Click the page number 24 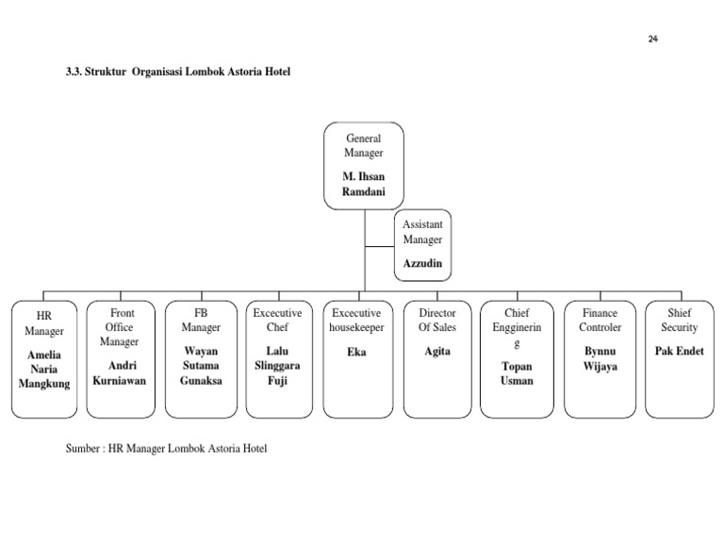[x=653, y=39]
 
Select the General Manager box [x=364, y=165]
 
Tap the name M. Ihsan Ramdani [x=364, y=184]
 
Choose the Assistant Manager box [x=422, y=245]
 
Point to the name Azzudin [x=422, y=263]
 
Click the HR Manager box [x=44, y=359]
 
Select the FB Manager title [x=200, y=321]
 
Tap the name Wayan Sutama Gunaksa [x=200, y=366]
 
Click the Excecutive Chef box [x=278, y=359]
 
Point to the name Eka [x=356, y=353]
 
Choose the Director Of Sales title [x=436, y=321]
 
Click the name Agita [x=436, y=352]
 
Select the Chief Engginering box [x=516, y=359]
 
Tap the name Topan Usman [x=516, y=373]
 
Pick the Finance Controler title [x=600, y=321]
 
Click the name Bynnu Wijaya [x=600, y=359]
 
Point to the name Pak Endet [x=679, y=351]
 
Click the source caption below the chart [x=166, y=449]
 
